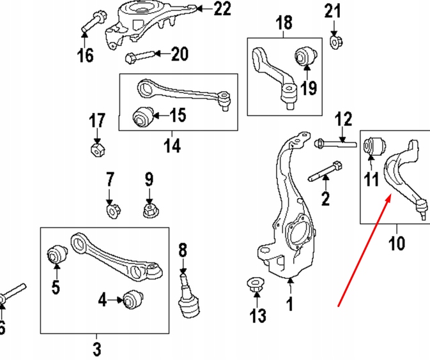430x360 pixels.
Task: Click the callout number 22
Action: pos(222,9)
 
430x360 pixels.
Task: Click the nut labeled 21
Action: pos(333,42)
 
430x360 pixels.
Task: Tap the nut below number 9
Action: pos(150,209)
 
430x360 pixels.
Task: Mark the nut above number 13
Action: pos(254,287)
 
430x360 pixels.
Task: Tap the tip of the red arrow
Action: pos(389,199)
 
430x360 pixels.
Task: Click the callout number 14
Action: pos(171,146)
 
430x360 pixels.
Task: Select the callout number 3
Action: pos(96,349)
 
